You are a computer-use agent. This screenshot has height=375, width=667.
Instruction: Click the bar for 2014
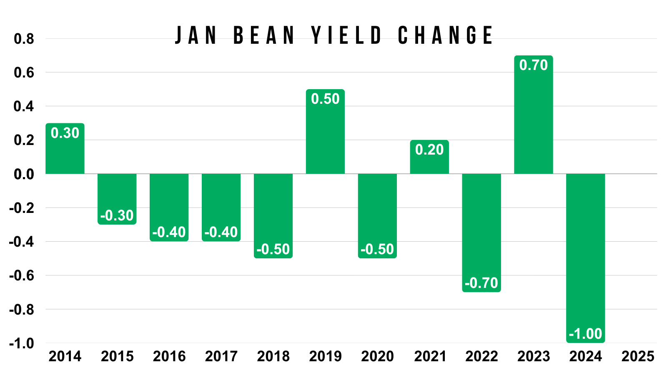(65, 148)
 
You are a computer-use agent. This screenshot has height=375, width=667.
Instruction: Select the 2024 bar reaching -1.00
(585, 258)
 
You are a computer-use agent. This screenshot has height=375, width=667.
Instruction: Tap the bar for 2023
(533, 115)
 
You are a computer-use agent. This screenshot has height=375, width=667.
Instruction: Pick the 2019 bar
(325, 131)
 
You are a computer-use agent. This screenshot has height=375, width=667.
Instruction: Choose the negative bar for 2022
(481, 233)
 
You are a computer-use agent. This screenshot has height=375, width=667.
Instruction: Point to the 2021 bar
(429, 157)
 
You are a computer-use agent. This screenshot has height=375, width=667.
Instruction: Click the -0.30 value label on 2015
(117, 215)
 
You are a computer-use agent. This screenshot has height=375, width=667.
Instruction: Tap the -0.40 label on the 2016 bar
(169, 232)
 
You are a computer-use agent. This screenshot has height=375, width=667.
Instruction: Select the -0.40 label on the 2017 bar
(221, 232)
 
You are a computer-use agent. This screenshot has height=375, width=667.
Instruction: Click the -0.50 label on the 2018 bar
(273, 249)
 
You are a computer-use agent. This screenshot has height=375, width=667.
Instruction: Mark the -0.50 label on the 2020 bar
(377, 249)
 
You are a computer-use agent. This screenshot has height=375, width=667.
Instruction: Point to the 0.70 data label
(533, 65)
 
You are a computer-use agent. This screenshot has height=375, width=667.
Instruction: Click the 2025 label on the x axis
(637, 356)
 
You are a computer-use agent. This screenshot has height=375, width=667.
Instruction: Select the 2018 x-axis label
(273, 356)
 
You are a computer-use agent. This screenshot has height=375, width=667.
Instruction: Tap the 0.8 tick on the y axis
(24, 39)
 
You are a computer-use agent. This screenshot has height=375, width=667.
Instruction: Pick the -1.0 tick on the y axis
(21, 344)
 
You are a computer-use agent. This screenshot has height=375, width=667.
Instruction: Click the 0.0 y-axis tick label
(24, 175)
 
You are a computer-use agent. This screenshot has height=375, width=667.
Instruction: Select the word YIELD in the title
(346, 35)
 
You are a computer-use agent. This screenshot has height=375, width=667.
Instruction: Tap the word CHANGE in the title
(445, 35)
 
